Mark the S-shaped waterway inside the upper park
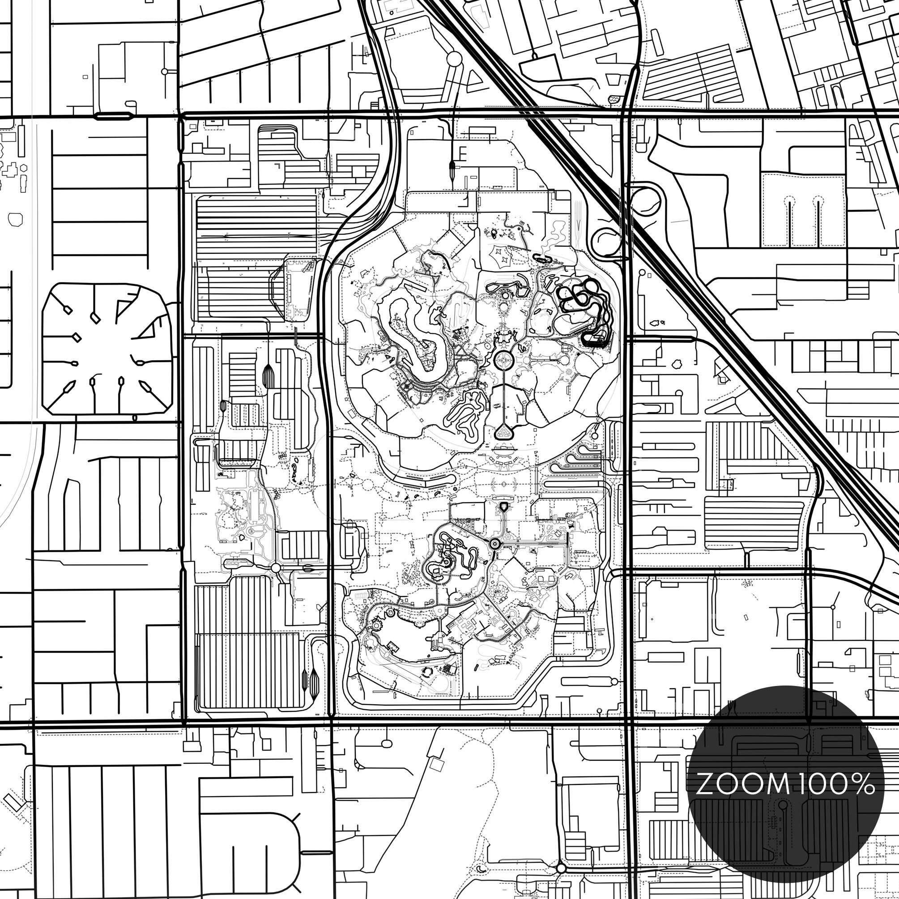point(409,335)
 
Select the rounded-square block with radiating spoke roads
point(107,349)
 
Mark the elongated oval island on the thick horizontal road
point(113,115)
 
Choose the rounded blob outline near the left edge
point(15,219)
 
